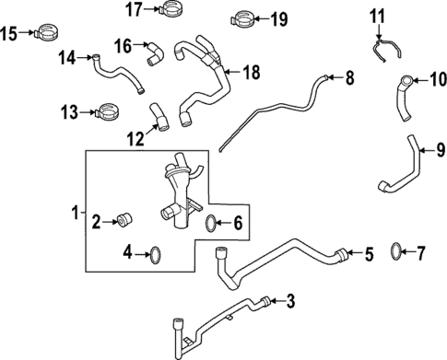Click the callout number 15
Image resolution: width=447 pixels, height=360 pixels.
9,34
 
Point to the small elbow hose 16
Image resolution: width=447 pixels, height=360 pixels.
153,56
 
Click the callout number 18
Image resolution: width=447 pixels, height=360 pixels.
253,72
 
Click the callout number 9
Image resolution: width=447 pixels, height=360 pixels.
441,148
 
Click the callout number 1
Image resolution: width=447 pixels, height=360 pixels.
76,215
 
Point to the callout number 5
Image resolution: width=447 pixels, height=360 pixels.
369,253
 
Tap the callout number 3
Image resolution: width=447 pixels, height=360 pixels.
291,300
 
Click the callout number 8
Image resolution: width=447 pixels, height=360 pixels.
349,78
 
